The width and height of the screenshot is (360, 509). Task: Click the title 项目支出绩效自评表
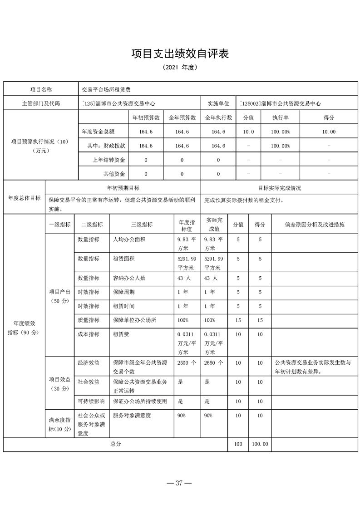[x=180, y=54]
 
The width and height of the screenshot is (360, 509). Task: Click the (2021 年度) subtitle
[x=180, y=67]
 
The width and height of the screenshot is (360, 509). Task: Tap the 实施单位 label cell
[x=218, y=103]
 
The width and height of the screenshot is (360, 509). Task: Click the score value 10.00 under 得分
[x=329, y=132]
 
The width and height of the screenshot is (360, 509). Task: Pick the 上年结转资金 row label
[x=109, y=160]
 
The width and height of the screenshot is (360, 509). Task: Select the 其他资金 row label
[x=114, y=174]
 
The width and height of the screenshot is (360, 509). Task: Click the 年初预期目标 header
[x=123, y=188]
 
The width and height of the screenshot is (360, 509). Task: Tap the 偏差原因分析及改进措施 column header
[x=315, y=225]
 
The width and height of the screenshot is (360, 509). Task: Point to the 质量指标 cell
[x=89, y=320]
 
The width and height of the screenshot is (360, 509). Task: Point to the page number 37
[x=180, y=483]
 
